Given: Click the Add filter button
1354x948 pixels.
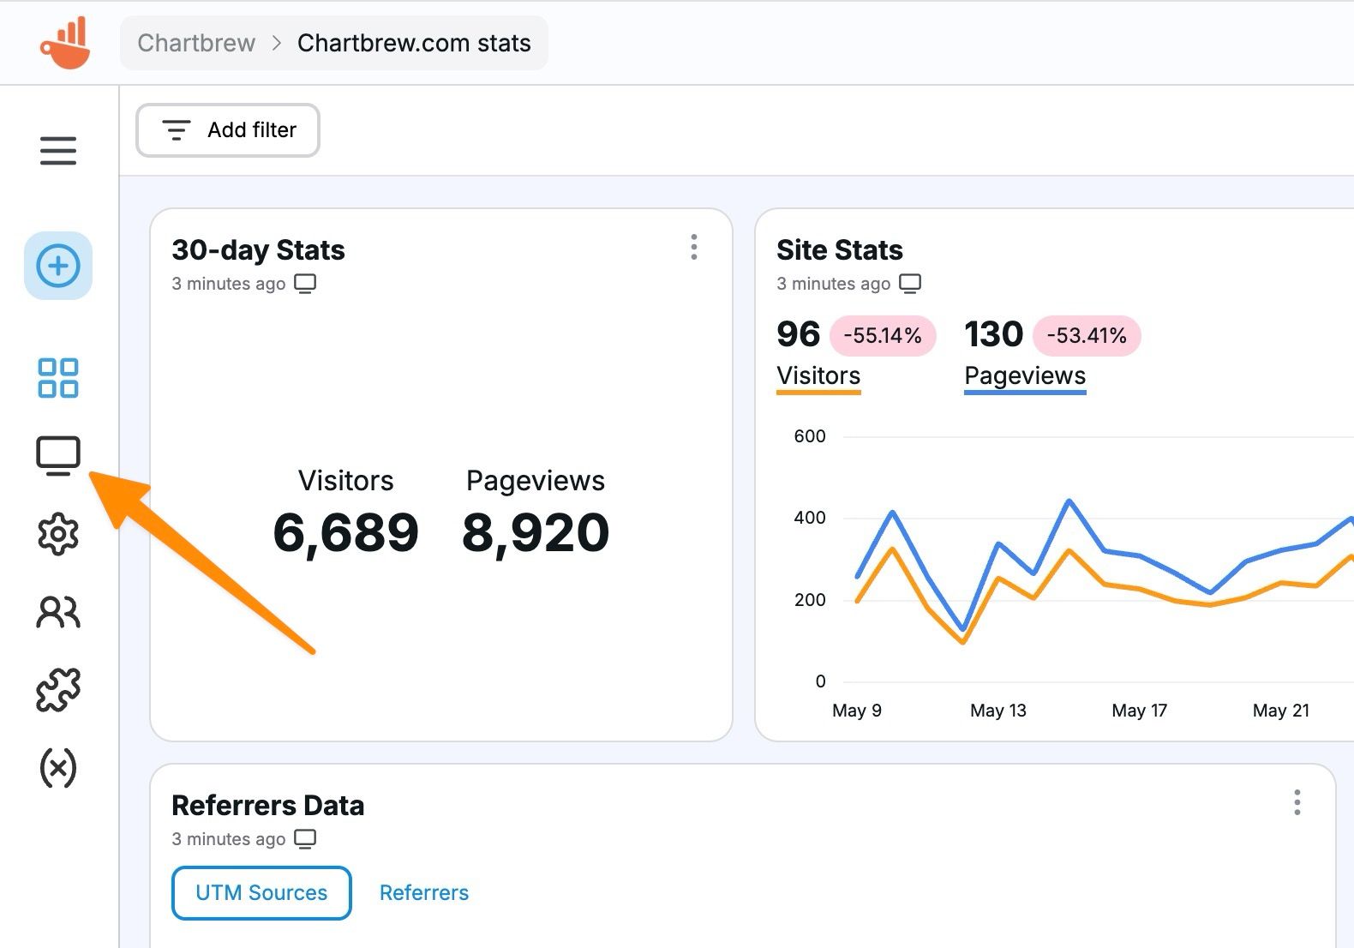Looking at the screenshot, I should pyautogui.click(x=228, y=130).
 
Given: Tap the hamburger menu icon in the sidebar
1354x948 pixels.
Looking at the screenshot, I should pyautogui.click(x=58, y=151).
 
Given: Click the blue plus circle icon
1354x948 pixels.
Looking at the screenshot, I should pyautogui.click(x=58, y=266).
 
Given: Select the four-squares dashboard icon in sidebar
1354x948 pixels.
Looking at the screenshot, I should pyautogui.click(x=58, y=378).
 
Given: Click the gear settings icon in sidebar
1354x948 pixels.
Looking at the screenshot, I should pyautogui.click(x=58, y=534).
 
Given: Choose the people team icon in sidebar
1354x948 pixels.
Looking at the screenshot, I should pyautogui.click(x=58, y=612).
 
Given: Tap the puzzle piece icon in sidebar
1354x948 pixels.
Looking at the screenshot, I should pyautogui.click(x=58, y=690).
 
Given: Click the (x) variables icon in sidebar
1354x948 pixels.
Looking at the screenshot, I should pyautogui.click(x=58, y=768).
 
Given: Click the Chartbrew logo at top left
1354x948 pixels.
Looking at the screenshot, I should pyautogui.click(x=65, y=43).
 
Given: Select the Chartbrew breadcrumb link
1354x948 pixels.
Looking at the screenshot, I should pyautogui.click(x=196, y=43).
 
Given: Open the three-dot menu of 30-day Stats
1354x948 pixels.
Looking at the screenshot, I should pyautogui.click(x=694, y=247).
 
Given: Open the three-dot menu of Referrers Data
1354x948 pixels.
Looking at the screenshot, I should pyautogui.click(x=1297, y=802).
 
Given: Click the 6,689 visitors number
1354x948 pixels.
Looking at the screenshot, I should pyautogui.click(x=346, y=533).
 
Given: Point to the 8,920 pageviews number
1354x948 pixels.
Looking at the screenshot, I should pyautogui.click(x=536, y=533).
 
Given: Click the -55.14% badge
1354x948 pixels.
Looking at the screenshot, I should pyautogui.click(x=883, y=335).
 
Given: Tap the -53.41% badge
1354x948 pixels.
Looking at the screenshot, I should pyautogui.click(x=1087, y=335).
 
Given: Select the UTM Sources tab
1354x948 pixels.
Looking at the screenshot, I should pyautogui.click(x=261, y=893).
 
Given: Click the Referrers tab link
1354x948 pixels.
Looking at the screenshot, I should pyautogui.click(x=424, y=893).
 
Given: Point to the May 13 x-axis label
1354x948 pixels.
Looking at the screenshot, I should pyautogui.click(x=998, y=711).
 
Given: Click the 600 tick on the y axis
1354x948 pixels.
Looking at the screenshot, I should pyautogui.click(x=810, y=436).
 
